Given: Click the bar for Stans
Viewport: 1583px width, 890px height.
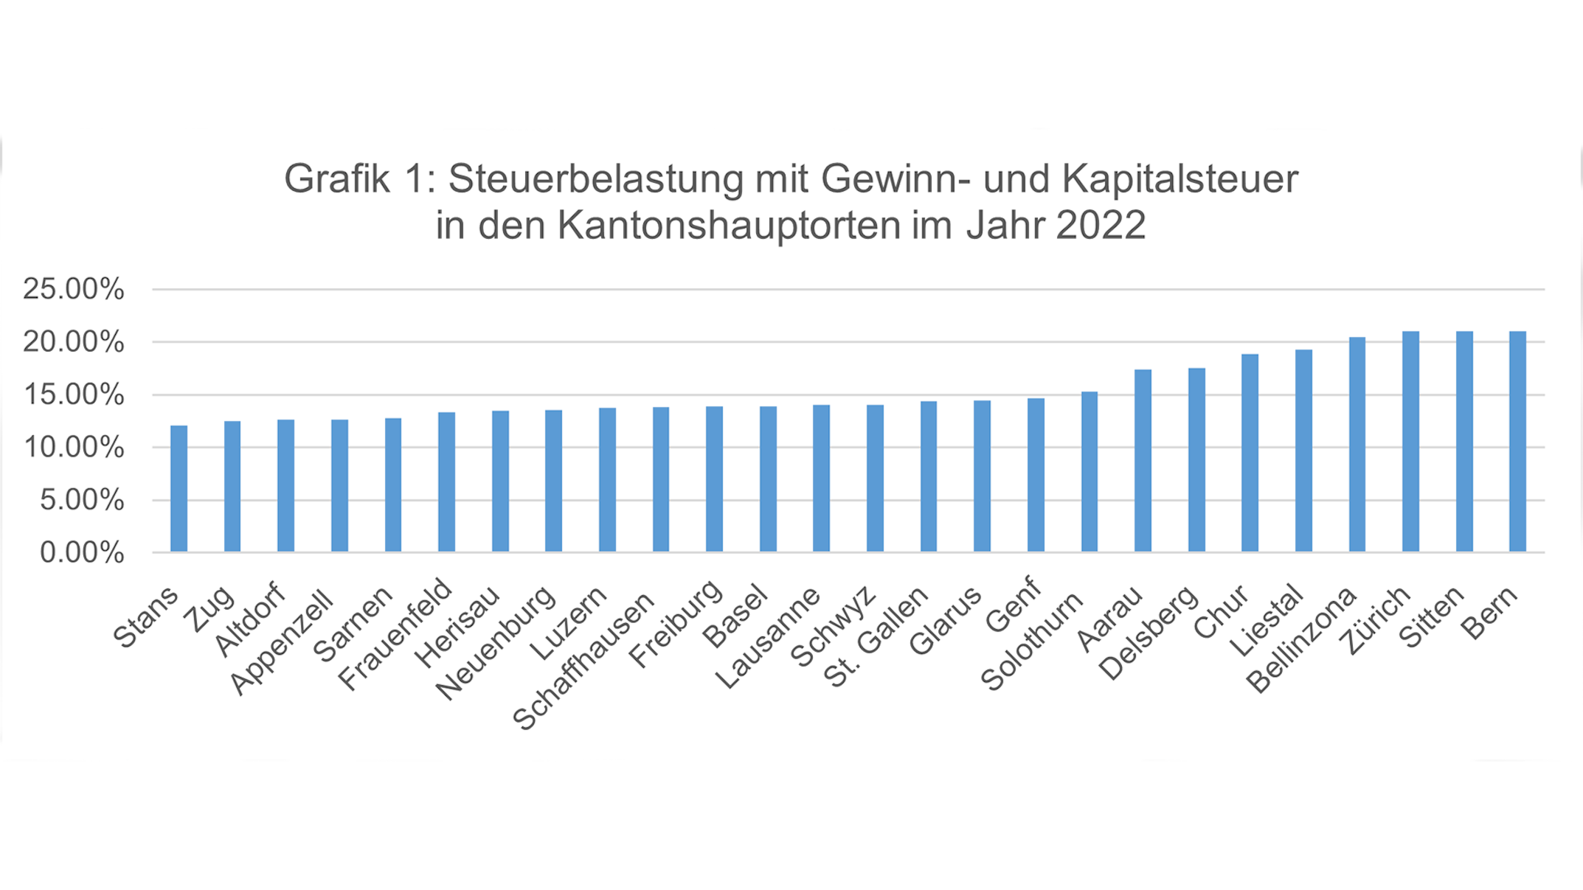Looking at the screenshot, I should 179,489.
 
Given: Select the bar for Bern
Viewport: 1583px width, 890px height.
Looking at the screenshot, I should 1517,442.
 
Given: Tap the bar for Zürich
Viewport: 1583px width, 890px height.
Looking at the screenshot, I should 1410,442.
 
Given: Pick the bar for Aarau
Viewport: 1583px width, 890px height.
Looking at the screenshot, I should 1143,461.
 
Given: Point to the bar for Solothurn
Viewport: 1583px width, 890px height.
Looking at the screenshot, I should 1089,472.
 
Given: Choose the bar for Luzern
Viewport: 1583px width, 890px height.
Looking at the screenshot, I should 607,480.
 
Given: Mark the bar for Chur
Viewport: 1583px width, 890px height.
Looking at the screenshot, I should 1250,453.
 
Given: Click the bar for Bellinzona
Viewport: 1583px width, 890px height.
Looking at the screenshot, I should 1357,445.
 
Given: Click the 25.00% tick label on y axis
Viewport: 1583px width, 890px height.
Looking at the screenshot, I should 73,289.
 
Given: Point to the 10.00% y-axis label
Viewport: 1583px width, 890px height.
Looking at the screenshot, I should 73,447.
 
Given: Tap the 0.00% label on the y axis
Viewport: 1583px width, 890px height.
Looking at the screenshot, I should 81,552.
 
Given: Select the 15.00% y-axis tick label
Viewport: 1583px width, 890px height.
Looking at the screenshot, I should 73,394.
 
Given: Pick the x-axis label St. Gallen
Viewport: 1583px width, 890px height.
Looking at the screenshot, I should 876,638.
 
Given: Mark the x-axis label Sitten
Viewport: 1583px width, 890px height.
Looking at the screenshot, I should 1432,617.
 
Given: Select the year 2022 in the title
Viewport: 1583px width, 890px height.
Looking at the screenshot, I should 1101,225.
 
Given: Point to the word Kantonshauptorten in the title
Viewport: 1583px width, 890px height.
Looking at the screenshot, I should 730,225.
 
